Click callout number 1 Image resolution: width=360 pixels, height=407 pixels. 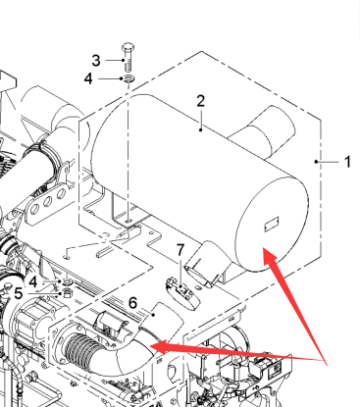(348, 162)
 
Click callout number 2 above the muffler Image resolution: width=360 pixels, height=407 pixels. (201, 101)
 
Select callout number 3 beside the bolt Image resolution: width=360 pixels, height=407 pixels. (96, 61)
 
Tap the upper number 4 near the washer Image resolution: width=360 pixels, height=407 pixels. (88, 78)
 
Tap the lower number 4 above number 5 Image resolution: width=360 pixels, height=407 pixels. (33, 281)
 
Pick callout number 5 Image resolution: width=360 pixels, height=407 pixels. (19, 293)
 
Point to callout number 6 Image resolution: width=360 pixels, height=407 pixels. (132, 303)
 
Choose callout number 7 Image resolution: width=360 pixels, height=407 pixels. (180, 250)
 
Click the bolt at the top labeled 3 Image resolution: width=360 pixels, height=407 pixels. (129, 57)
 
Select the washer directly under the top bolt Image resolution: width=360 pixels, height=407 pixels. (129, 78)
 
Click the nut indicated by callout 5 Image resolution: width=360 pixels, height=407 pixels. (68, 293)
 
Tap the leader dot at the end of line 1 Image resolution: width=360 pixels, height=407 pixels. (316, 162)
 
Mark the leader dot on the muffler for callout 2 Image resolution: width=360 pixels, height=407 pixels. (201, 129)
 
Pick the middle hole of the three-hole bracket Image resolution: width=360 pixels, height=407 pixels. (48, 201)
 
